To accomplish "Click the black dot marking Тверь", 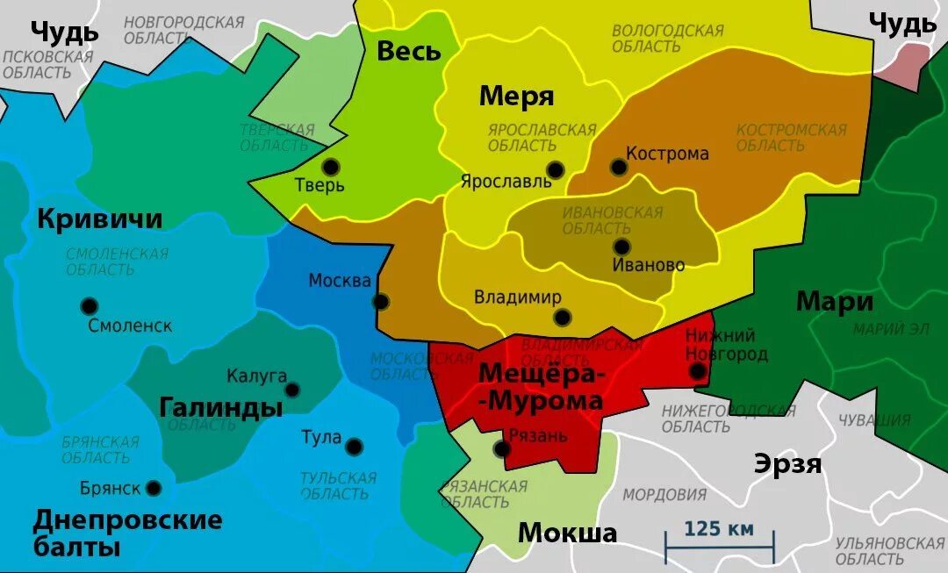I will pos(330,167).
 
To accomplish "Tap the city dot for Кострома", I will pos(619,167).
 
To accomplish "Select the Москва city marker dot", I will pos(381,302).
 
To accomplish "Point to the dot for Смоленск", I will pos(89,306).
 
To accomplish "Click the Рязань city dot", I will pos(501,449).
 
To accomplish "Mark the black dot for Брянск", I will pos(154,488).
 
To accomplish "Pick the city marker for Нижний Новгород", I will pos(698,371).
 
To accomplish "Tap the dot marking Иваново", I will pos(621,247).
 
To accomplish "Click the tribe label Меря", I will pos(516,97).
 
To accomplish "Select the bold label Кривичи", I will pos(99,218).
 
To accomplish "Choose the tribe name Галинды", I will pos(221,407).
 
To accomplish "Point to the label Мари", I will pos(834,302).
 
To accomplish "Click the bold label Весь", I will pos(408,51).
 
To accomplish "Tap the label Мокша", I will pos(567,533).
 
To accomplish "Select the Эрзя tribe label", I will pos(787,464).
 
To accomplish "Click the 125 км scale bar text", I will pos(719,529).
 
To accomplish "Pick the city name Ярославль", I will pos(506,182).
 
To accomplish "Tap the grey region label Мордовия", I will pos(664,495).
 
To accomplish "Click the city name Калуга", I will pos(256,376).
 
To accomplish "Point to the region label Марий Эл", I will pos(891,329).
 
